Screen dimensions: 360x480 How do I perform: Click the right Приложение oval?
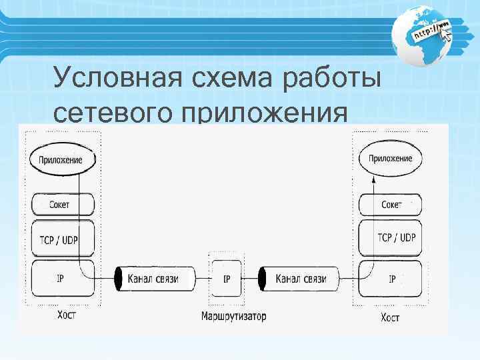(390, 159)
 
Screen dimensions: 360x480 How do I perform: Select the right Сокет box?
(390, 204)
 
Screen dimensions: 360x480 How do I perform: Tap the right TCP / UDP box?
(390, 238)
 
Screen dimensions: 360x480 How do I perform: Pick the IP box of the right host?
(390, 279)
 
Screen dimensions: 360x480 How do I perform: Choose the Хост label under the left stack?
(66, 315)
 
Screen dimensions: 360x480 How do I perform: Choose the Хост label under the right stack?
(390, 317)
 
